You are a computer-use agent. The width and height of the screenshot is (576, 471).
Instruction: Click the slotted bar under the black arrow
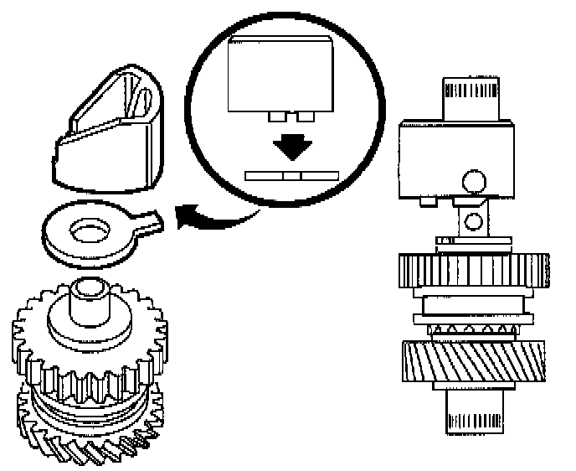tap(291, 176)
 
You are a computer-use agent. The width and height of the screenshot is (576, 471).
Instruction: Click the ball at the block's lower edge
tap(475, 179)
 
